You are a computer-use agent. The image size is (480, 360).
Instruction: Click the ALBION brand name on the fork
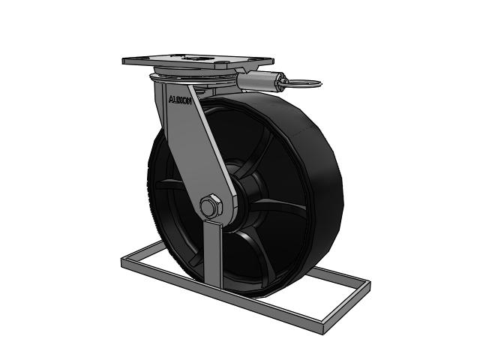coord(180,100)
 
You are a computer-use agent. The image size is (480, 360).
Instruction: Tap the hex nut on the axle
coord(211,205)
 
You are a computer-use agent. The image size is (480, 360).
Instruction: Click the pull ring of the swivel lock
coord(304,82)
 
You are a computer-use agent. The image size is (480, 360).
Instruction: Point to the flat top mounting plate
coord(198,61)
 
